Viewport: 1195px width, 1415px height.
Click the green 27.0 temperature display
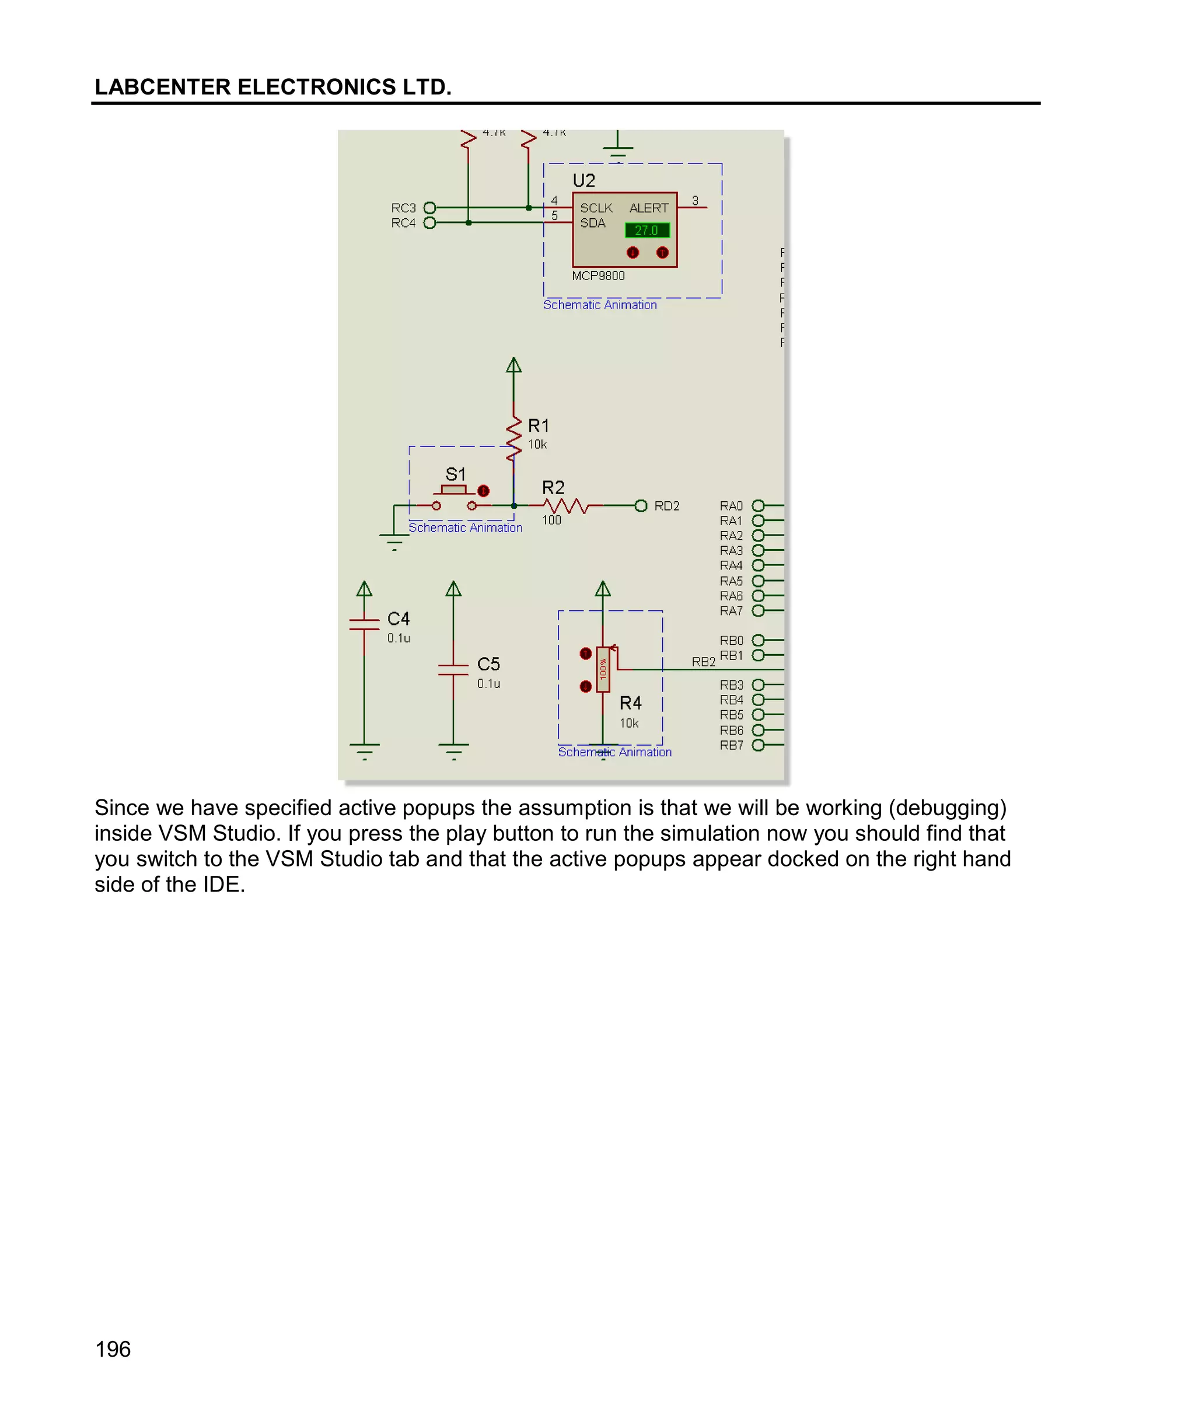pos(647,230)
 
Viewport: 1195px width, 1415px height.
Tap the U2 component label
pos(583,181)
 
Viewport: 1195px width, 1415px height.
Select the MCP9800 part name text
pos(597,275)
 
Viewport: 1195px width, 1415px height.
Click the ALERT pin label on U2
pos(648,208)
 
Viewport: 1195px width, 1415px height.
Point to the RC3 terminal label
pos(403,208)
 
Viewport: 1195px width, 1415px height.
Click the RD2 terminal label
pos(666,506)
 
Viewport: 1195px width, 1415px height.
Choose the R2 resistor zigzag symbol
pos(565,505)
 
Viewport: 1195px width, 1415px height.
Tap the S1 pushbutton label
pos(455,474)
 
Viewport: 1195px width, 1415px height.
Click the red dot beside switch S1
pos(483,490)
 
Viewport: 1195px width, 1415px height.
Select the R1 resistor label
pos(539,425)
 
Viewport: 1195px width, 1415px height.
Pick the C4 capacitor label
pos(399,619)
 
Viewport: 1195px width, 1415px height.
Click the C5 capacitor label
pos(488,664)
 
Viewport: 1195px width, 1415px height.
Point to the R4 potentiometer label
pos(630,703)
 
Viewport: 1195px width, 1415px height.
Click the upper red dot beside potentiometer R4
pos(586,654)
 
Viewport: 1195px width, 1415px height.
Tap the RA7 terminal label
pos(731,611)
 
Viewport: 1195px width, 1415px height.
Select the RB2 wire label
pos(703,662)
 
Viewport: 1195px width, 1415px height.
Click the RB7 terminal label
pos(731,745)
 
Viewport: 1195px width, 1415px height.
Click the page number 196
pos(113,1349)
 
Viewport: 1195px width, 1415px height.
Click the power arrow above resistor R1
pos(513,366)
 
